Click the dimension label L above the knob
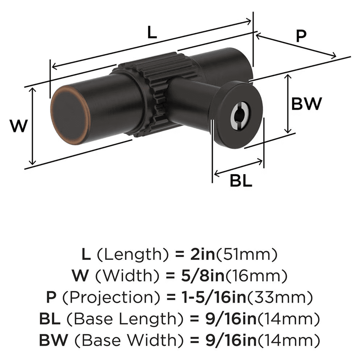(x=152, y=33)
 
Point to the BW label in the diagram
(x=306, y=104)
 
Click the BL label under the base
(x=241, y=181)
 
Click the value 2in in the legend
(x=202, y=255)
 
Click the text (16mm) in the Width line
(x=267, y=276)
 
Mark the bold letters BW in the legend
(x=50, y=340)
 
